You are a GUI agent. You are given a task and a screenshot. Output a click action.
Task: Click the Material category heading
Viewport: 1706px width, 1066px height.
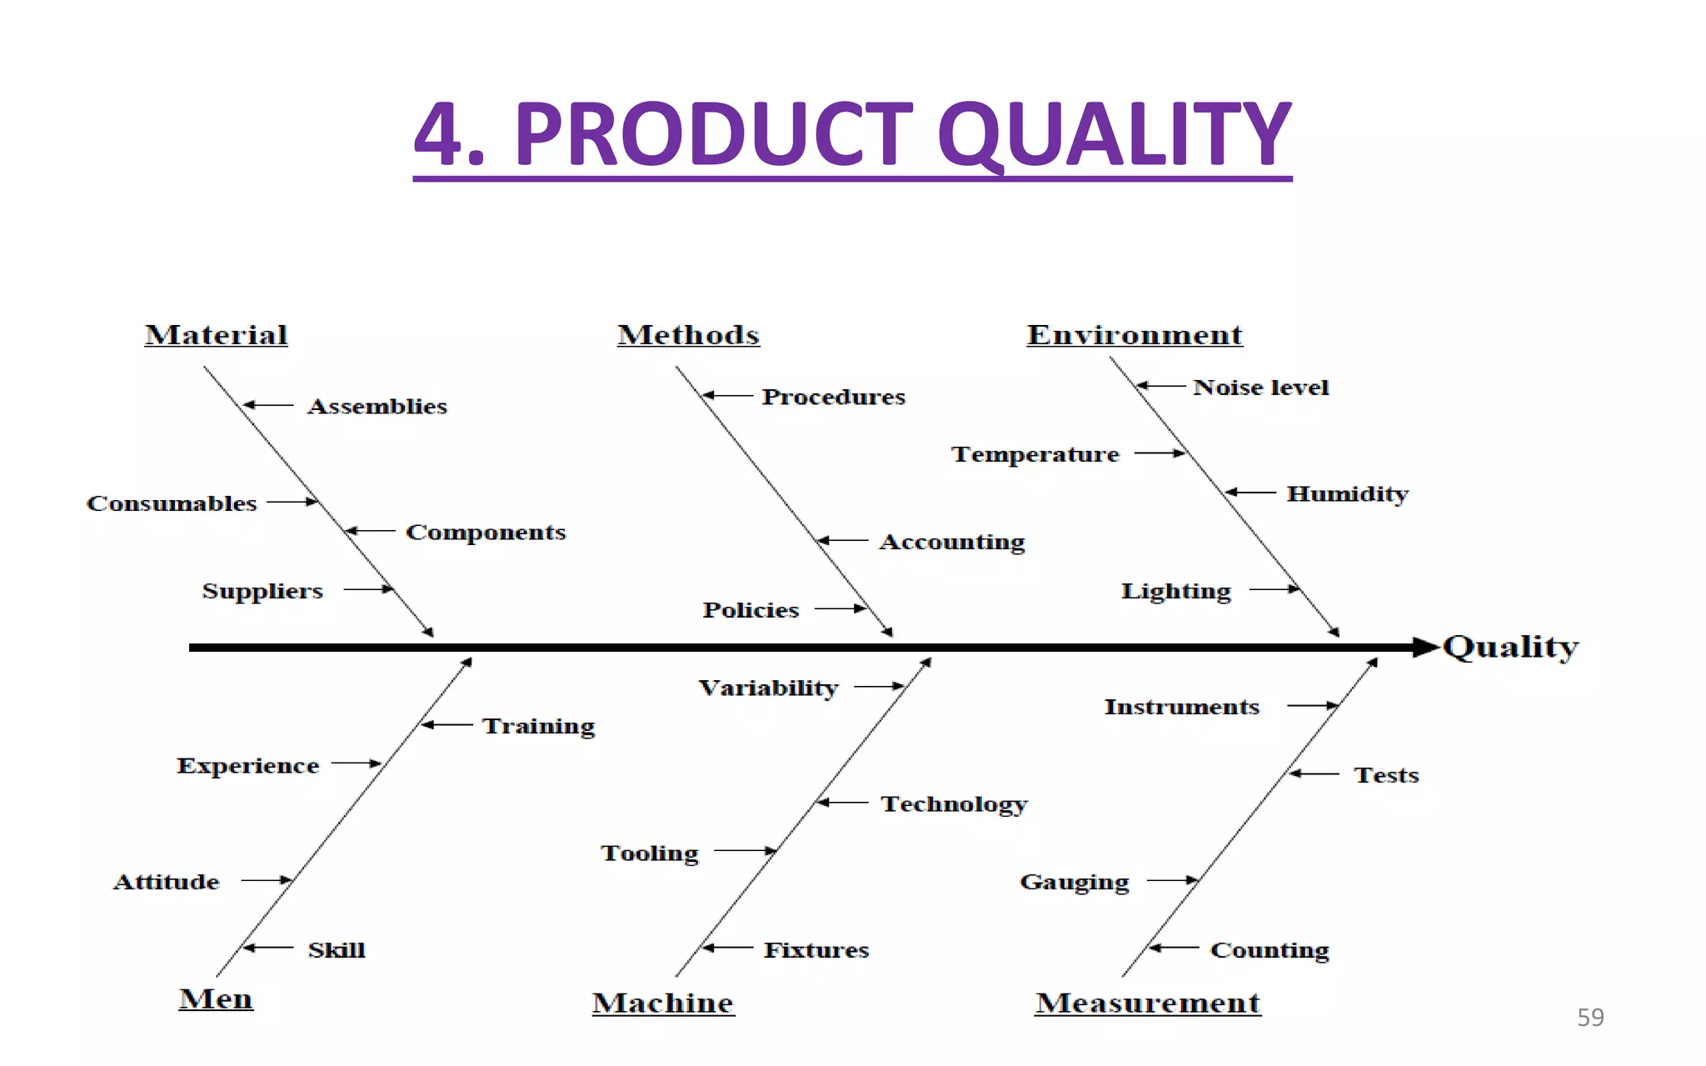click(x=216, y=335)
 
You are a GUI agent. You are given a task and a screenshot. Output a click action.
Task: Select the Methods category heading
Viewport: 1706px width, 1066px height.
click(x=688, y=335)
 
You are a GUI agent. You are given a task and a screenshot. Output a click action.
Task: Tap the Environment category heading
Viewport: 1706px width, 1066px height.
click(x=1134, y=335)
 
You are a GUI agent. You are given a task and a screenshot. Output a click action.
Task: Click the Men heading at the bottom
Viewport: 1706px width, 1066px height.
click(x=216, y=998)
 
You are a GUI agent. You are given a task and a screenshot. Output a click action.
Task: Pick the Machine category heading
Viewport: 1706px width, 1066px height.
click(x=663, y=1003)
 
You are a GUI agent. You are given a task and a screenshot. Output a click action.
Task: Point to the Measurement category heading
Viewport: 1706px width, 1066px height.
click(x=1148, y=1003)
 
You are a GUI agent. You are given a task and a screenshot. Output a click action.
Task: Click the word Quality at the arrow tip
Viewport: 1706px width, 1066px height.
click(x=1510, y=648)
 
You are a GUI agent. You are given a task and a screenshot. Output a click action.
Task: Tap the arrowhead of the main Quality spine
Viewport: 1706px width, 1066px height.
click(x=1426, y=648)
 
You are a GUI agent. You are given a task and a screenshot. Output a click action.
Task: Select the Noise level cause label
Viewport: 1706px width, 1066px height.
click(x=1260, y=388)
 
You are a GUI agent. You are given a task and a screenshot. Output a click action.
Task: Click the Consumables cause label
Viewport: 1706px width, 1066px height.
click(x=172, y=503)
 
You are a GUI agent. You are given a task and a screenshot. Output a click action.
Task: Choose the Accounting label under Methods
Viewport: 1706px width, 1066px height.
click(x=952, y=543)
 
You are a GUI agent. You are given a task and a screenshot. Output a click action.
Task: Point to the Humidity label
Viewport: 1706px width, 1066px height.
click(x=1347, y=494)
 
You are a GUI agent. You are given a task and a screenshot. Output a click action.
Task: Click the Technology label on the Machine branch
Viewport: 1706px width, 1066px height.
click(x=954, y=804)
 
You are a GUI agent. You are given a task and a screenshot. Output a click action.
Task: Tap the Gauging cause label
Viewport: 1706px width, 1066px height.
click(x=1075, y=883)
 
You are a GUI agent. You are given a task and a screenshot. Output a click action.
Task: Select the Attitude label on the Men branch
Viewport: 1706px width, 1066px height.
click(x=167, y=882)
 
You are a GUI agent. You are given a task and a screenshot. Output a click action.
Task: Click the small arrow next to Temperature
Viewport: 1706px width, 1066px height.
click(x=1160, y=453)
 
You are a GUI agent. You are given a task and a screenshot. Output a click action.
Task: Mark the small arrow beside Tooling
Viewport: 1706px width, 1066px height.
click(x=746, y=851)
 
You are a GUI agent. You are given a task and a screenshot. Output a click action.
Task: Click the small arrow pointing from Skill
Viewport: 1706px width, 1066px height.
click(x=267, y=948)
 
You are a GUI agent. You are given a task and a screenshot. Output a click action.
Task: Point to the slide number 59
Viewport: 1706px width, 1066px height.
click(x=1590, y=1018)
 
